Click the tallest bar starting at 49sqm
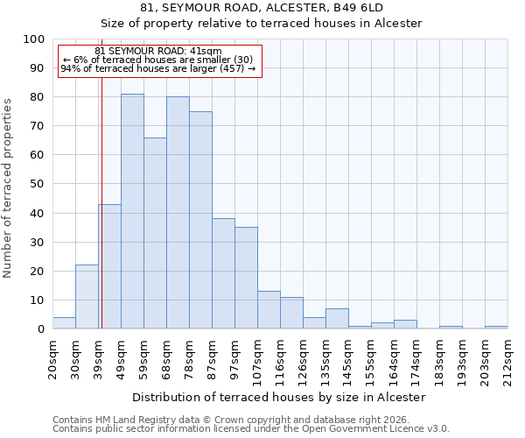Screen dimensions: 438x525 [132, 211]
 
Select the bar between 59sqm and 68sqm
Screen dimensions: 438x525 [155, 233]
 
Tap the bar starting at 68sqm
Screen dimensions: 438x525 [178, 213]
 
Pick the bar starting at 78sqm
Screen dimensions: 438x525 [200, 220]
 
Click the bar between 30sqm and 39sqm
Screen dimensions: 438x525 [87, 297]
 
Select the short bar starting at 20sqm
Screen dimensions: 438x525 [64, 323]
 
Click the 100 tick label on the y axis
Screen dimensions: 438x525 [33, 39]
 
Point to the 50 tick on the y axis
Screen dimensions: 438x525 [37, 184]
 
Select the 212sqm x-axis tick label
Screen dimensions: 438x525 [507, 358]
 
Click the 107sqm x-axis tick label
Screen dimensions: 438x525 [257, 358]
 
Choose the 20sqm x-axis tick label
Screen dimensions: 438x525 [52, 357]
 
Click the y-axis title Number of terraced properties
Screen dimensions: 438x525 [8, 187]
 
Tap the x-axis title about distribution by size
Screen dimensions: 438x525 [280, 397]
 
